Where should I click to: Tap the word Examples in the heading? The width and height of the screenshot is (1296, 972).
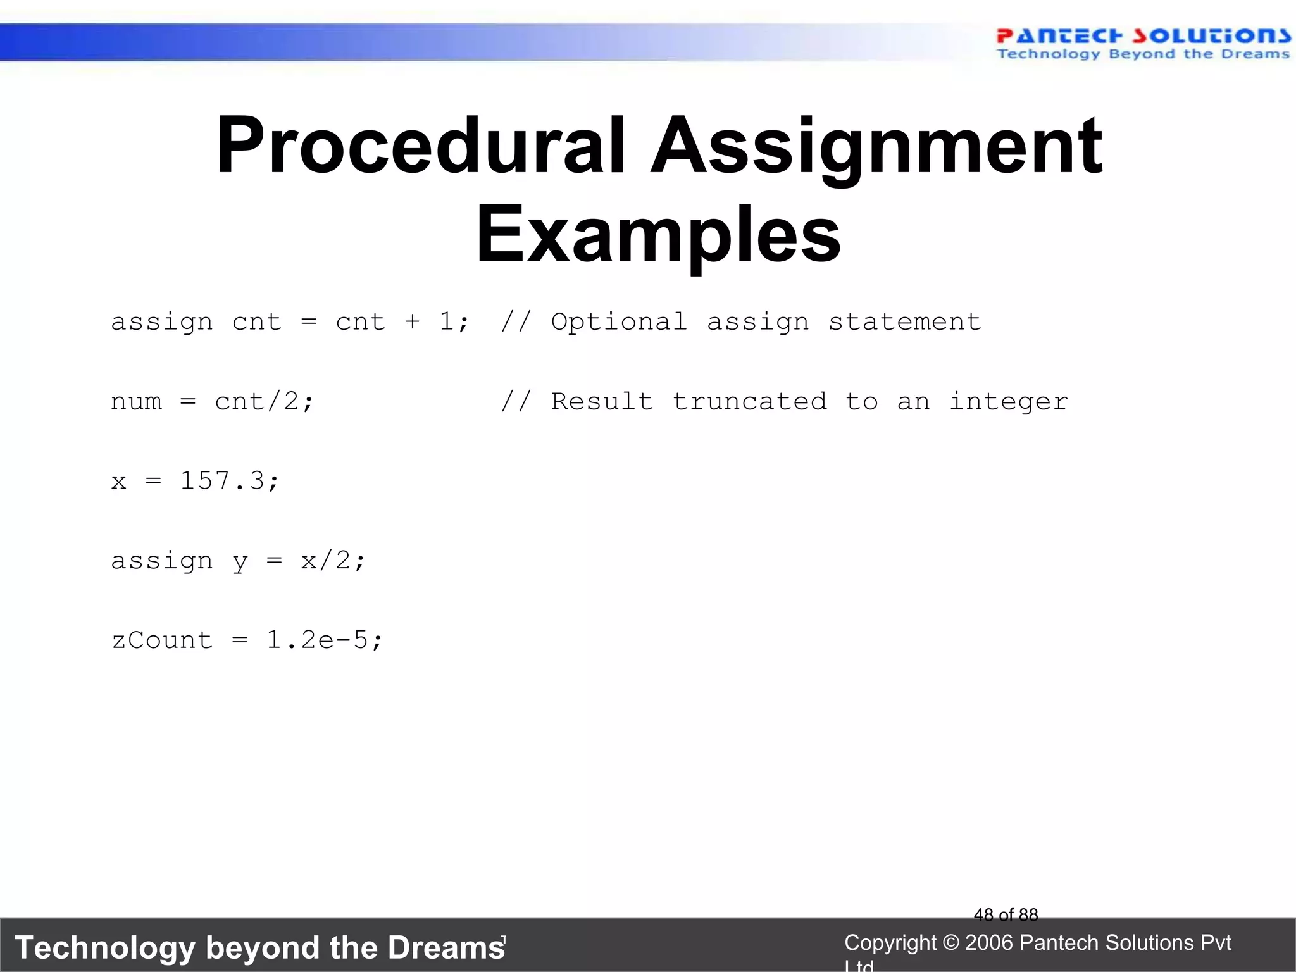pos(658,235)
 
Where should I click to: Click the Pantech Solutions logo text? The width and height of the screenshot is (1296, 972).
pos(1143,37)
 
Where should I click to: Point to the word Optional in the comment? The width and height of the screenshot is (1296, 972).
pos(618,322)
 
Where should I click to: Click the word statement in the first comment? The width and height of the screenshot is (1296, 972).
pos(904,322)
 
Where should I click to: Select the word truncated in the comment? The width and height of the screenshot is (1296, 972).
pos(749,402)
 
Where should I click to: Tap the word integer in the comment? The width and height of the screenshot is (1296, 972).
pos(1008,402)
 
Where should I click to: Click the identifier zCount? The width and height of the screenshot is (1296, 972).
pos(162,640)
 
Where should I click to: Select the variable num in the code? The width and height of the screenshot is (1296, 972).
pos(136,402)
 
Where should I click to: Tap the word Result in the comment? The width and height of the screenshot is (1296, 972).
pos(601,402)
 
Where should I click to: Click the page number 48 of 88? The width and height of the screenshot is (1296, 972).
pos(1006,915)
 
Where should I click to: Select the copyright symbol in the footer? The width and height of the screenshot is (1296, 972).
pos(950,943)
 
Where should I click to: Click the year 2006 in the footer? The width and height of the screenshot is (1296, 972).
pos(989,943)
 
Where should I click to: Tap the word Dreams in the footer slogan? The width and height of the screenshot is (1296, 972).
pos(445,948)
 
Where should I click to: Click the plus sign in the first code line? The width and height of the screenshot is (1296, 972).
pos(413,322)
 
